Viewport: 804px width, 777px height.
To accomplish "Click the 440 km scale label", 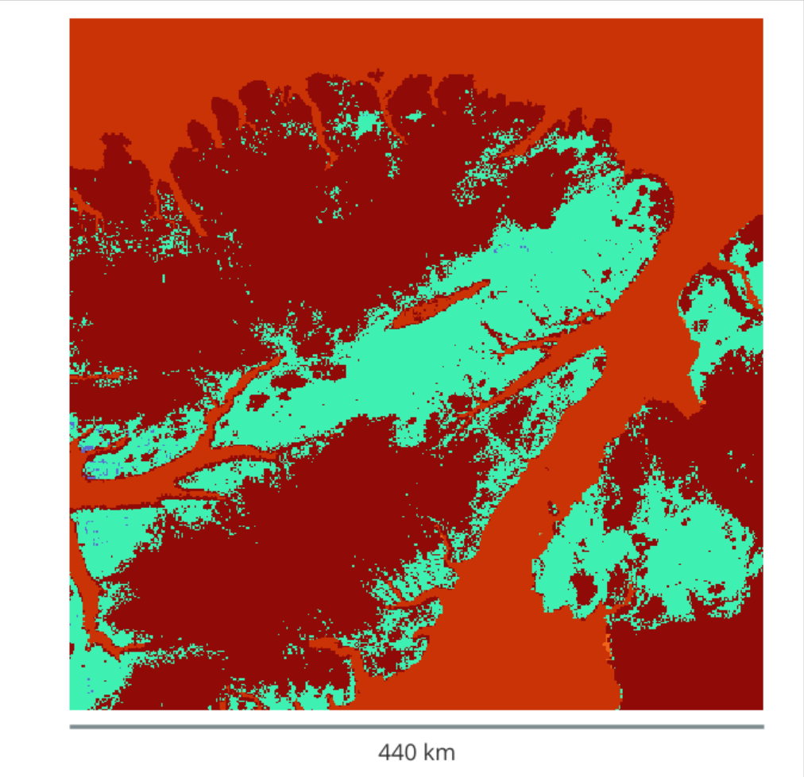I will pos(416,751).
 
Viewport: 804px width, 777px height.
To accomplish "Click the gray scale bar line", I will pos(416,726).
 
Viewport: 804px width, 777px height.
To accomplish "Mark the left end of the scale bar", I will pos(71,726).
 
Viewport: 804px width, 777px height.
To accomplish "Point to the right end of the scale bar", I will pos(763,726).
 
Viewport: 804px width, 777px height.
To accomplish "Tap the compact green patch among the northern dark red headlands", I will pos(365,124).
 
